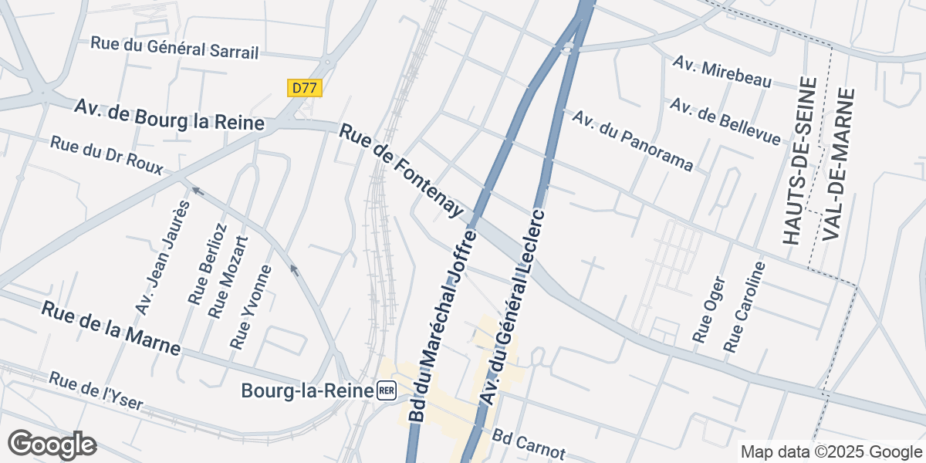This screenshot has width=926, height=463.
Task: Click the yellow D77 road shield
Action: point(305,88)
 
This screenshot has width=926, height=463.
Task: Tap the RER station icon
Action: point(387,390)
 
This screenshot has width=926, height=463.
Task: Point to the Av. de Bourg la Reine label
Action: point(170,113)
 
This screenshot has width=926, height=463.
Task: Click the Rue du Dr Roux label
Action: point(106,155)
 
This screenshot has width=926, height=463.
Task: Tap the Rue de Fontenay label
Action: point(400,171)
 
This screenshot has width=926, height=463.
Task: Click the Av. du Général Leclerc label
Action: point(511,307)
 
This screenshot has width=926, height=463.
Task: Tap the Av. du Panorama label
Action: point(632,140)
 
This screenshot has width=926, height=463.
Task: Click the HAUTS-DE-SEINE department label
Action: point(798,161)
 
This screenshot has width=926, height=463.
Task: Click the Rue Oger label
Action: point(709,309)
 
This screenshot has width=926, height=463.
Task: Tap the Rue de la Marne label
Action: point(111,328)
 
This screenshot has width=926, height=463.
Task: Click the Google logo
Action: point(52,444)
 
